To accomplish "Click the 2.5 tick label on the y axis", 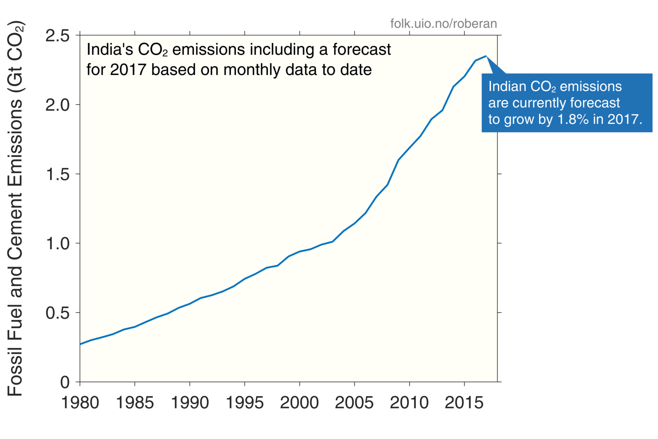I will point(58,36).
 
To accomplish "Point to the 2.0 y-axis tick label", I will point(58,105).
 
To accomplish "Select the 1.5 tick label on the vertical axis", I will point(58,174).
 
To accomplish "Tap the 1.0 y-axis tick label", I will point(58,244).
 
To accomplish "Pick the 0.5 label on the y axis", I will point(58,313).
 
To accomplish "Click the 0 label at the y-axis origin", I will point(65,383).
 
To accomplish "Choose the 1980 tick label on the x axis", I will point(80,403).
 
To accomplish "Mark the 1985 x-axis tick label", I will point(135,403).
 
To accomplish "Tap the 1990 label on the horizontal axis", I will point(190,403).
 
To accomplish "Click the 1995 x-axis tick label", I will point(245,403).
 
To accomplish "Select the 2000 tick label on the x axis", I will point(299,403).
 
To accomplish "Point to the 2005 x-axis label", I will point(354,403).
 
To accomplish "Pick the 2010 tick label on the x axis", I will point(409,403).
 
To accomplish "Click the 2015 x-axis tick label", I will point(464,403).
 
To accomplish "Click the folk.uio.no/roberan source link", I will point(443,24).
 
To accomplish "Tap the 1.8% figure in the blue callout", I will point(573,120).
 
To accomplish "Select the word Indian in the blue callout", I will point(507,87).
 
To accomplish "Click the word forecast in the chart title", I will point(362,50).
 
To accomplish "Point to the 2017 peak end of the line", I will point(486,56).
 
